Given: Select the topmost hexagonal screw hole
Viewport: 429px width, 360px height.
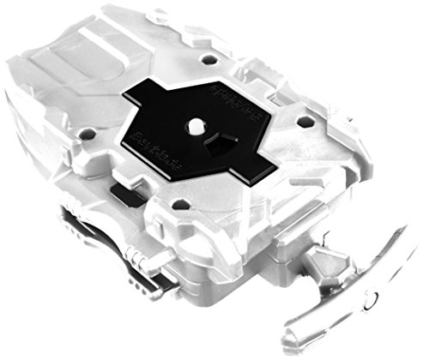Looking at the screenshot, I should tap(208, 61).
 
